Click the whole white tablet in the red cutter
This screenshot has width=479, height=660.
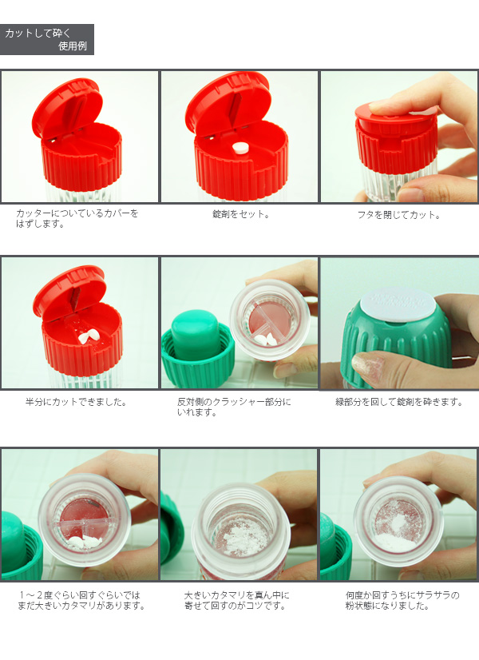(x=240, y=148)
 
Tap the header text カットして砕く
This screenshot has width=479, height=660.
(x=38, y=34)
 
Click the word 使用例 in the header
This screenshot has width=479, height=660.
(x=73, y=46)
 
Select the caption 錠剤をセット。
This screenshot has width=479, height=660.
(x=241, y=214)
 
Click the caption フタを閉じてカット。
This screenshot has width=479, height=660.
(x=398, y=215)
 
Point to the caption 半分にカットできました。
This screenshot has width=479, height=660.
(x=76, y=402)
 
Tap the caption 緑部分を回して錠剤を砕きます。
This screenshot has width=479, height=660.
(x=398, y=402)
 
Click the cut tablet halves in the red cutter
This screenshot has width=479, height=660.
(x=89, y=336)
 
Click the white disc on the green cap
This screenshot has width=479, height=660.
(x=398, y=304)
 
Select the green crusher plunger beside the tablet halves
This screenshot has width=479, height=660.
(x=196, y=336)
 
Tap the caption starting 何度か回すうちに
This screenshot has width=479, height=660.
(x=402, y=601)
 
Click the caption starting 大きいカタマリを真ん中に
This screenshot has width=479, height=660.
(x=237, y=601)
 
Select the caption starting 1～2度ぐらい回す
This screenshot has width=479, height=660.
(x=81, y=601)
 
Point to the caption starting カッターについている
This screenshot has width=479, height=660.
(x=77, y=218)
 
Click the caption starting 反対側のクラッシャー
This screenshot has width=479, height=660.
(x=234, y=407)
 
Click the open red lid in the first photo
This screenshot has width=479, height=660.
(x=68, y=107)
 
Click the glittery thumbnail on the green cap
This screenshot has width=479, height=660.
(x=368, y=364)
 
